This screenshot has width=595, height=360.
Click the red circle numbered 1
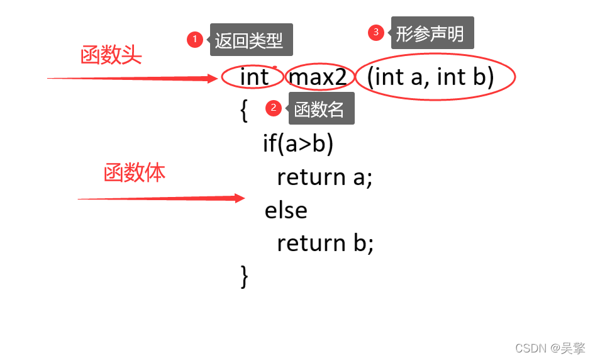[195, 40]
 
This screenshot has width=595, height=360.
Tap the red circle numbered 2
[273, 108]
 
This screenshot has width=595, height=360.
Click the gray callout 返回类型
[249, 41]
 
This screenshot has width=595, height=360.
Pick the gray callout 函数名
[320, 109]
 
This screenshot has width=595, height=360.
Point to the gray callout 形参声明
[431, 33]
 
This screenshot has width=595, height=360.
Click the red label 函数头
[111, 56]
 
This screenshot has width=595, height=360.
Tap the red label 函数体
[135, 173]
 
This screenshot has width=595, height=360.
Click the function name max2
[318, 77]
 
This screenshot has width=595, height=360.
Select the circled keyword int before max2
[254, 77]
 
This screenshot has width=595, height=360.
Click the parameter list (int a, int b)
[431, 77]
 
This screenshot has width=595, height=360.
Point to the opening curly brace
[243, 110]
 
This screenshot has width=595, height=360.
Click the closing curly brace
[245, 276]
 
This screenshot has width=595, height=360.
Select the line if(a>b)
[298, 144]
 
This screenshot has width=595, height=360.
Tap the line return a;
[325, 177]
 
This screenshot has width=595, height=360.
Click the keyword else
[286, 210]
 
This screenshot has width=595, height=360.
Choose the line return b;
[325, 244]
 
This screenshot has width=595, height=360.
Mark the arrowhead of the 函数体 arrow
[240, 198]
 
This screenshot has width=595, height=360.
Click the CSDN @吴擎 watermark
[550, 348]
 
